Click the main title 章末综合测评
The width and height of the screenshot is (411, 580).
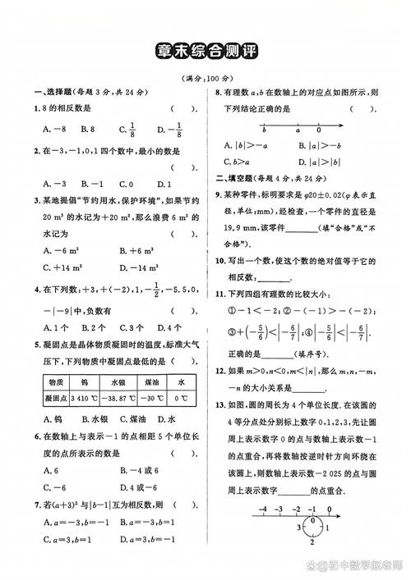point(205,51)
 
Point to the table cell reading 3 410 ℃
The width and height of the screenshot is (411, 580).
point(84,397)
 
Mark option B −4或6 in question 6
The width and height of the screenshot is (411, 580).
point(138,471)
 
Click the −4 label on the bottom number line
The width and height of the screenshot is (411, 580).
point(263,509)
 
